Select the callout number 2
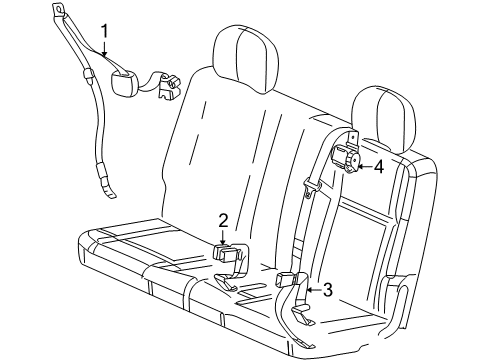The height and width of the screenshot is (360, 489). click(224, 220)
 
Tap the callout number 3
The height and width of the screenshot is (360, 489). click(326, 291)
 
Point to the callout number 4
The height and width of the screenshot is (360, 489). click(378, 167)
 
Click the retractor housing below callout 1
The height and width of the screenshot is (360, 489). click(129, 82)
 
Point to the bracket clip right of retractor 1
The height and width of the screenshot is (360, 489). click(166, 88)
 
